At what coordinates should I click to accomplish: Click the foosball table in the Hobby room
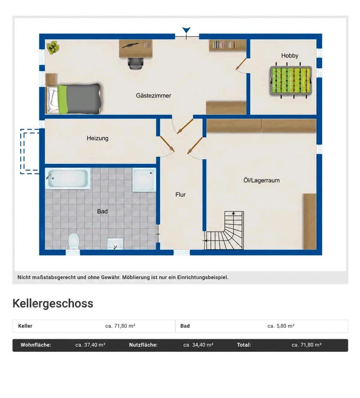tap(291, 81)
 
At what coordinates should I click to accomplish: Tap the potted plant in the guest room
tap(53, 47)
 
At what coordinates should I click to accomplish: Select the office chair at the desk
tap(136, 63)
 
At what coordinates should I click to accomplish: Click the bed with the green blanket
tap(74, 98)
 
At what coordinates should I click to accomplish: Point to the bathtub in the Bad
tap(68, 178)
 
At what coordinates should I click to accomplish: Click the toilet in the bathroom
tap(74, 241)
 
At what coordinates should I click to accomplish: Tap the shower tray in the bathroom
tap(144, 180)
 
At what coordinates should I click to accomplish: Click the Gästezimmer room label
tap(153, 96)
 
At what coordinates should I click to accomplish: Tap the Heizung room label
tap(97, 138)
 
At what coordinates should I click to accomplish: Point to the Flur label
tap(180, 195)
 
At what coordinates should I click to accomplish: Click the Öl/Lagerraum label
tap(261, 180)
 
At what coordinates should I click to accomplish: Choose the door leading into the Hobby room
tap(241, 64)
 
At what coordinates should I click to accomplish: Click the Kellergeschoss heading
tap(53, 303)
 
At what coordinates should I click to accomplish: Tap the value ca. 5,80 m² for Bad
tap(281, 326)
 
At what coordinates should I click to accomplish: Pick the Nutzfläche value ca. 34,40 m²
tap(198, 345)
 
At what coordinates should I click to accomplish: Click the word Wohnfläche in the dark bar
tap(36, 345)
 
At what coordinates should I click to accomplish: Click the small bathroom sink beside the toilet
tap(115, 244)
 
